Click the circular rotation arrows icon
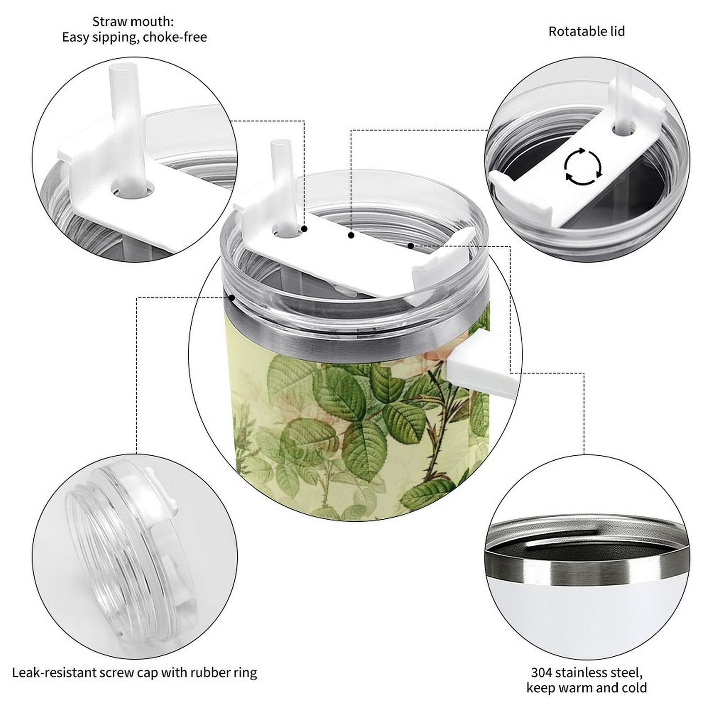(583, 167)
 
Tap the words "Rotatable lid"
(587, 32)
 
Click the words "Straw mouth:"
(133, 21)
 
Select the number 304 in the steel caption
(542, 672)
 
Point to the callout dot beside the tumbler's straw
(305, 229)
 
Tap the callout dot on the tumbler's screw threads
(232, 297)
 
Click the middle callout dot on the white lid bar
(351, 235)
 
